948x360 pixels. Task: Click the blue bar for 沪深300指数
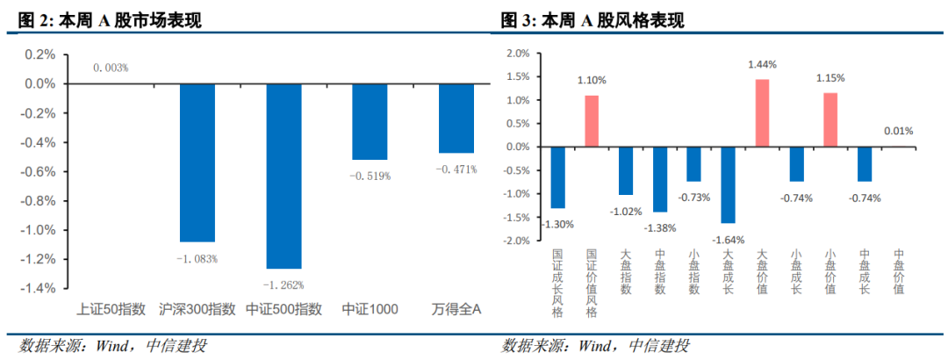tap(197, 162)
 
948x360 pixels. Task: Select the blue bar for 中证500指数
tap(284, 176)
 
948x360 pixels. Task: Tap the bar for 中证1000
tap(370, 122)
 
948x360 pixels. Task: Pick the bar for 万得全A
tap(456, 119)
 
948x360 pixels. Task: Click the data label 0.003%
tap(111, 68)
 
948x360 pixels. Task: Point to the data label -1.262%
tap(284, 284)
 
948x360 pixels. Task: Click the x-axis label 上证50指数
tap(111, 309)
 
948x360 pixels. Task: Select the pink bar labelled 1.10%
tap(592, 121)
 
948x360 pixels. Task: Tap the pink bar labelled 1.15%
tap(830, 119)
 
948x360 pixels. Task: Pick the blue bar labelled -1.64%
tap(728, 184)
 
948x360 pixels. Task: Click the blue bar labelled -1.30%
tap(557, 177)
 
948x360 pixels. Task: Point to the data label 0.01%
tap(898, 131)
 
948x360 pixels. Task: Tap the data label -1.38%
tap(660, 228)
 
